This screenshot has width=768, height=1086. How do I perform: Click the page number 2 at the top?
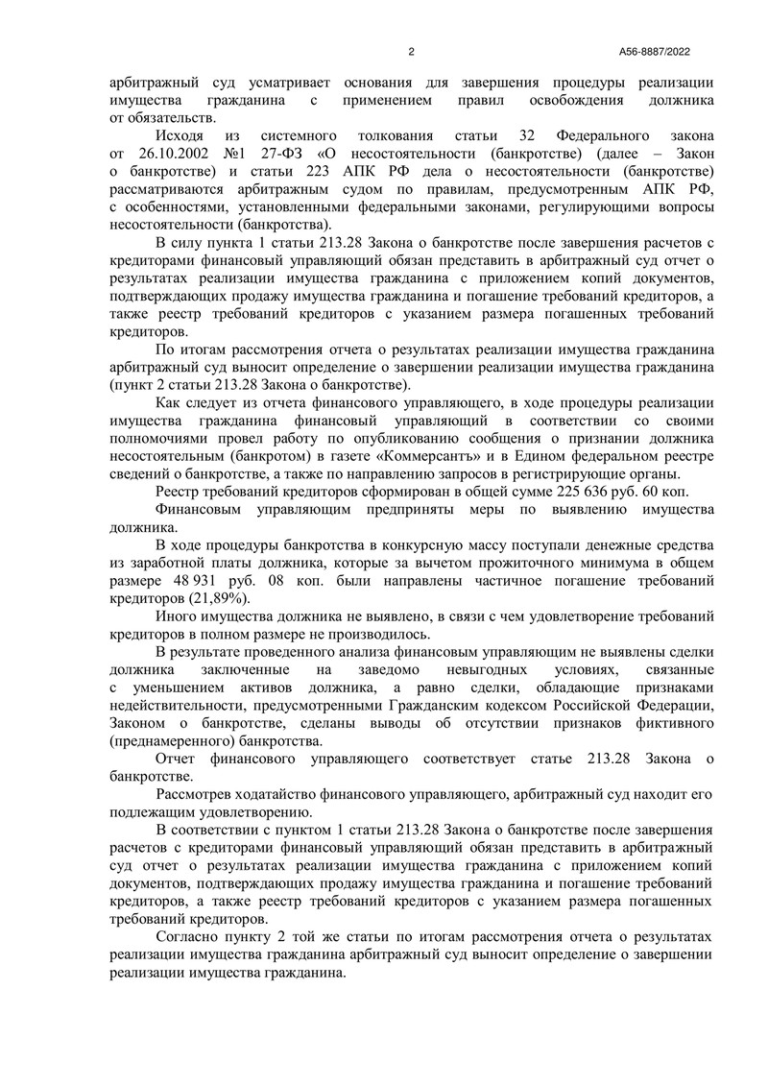pos(411,52)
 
